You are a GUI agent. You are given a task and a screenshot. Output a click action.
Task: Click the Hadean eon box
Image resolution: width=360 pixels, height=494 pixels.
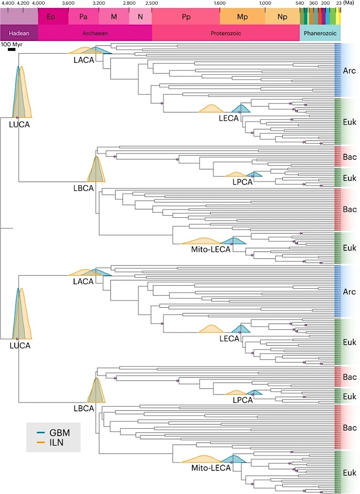19,33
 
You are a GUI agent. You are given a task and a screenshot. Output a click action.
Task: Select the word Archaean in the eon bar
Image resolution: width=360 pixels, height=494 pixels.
95,33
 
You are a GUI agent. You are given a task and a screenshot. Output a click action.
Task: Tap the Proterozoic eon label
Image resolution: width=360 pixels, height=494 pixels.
226,33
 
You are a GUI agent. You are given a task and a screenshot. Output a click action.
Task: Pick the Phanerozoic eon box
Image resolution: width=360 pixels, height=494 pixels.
320,33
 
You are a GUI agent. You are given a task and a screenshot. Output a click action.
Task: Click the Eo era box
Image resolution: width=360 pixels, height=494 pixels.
51,17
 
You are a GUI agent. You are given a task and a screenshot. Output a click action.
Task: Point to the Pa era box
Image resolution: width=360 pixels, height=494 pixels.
83,17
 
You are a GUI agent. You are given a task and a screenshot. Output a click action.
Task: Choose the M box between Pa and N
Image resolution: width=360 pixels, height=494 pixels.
114,17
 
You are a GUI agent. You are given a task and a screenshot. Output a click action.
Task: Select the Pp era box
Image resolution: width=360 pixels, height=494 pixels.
186,17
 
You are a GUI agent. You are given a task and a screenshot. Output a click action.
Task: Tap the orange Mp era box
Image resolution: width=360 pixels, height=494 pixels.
242,17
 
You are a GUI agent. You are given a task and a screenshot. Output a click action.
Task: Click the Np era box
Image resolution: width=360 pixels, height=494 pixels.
282,17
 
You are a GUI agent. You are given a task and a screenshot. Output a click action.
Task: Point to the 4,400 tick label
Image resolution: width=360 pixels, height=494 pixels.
8,3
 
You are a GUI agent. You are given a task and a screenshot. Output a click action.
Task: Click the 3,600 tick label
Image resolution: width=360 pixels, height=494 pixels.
68,3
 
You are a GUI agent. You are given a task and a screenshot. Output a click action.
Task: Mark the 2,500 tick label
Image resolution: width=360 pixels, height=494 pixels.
152,3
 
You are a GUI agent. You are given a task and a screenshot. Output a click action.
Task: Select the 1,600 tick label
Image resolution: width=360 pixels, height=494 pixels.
220,3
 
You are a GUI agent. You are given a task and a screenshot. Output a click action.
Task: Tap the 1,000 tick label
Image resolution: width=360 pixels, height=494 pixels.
265,3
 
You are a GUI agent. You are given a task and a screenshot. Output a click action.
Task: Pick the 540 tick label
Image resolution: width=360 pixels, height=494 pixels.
300,3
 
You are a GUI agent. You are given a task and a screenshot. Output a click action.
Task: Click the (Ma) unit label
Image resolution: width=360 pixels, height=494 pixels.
348,3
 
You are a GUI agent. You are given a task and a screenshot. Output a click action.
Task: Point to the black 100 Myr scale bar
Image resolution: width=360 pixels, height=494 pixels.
12,49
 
